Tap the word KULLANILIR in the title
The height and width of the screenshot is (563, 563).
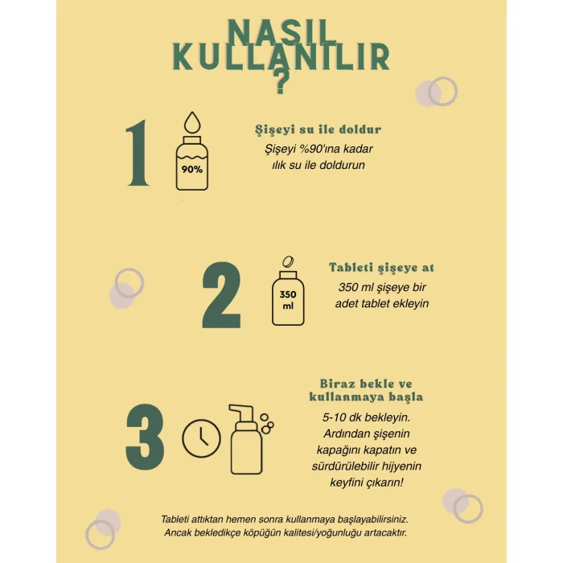click(281, 57)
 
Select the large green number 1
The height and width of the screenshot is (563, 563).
click(138, 153)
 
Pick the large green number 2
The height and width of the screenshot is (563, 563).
click(221, 295)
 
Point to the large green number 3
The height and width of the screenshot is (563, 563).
click(145, 437)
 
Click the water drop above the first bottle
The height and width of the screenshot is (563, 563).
click(192, 122)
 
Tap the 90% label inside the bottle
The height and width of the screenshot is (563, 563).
click(191, 169)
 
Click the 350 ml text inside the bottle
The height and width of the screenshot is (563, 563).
click(288, 300)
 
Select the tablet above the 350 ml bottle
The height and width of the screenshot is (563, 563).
click(288, 261)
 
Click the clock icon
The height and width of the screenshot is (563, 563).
click(201, 438)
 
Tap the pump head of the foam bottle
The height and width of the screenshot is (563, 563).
click(241, 413)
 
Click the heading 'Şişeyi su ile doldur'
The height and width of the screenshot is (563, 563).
click(318, 129)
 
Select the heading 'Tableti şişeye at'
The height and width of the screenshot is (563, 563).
click(381, 268)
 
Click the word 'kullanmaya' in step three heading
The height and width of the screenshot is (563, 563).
click(343, 397)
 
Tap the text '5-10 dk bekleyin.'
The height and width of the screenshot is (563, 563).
click(366, 417)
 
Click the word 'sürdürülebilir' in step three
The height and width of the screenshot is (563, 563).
click(345, 466)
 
